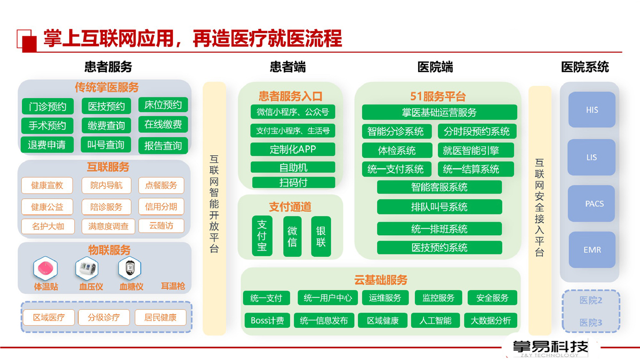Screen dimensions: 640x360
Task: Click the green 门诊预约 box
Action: pyautogui.click(x=47, y=107)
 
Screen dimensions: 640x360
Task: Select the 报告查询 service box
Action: pyautogui.click(x=163, y=146)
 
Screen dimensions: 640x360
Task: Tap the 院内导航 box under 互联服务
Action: pyautogui.click(x=106, y=186)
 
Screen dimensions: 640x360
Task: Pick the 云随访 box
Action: pyautogui.click(x=161, y=226)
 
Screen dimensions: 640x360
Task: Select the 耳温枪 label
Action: pyautogui.click(x=173, y=286)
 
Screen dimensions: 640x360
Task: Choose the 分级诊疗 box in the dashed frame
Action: pyautogui.click(x=103, y=317)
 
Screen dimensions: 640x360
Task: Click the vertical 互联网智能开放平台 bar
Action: pyautogui.click(x=214, y=209)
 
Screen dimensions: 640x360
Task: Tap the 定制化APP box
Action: pyautogui.click(x=293, y=149)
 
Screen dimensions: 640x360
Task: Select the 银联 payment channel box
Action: pyautogui.click(x=321, y=236)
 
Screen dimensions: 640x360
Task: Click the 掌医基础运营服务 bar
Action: pyautogui.click(x=439, y=113)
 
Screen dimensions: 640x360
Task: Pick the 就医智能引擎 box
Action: pyautogui.click(x=476, y=150)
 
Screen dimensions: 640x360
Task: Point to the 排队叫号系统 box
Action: pyautogui.click(x=439, y=207)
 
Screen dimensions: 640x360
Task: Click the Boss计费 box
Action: pyautogui.click(x=267, y=321)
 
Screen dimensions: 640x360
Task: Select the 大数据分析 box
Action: pyautogui.click(x=491, y=321)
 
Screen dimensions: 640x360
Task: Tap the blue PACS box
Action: pyautogui.click(x=591, y=203)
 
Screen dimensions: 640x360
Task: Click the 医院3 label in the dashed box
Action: pyautogui.click(x=590, y=323)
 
